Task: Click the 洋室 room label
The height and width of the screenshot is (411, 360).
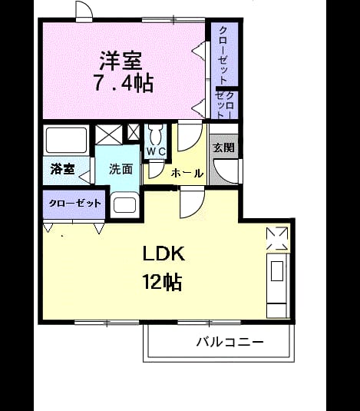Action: (121, 61)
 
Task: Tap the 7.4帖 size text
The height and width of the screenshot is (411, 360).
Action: (124, 83)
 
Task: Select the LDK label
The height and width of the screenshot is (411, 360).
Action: (164, 254)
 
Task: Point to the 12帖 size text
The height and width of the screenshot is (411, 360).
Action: (162, 282)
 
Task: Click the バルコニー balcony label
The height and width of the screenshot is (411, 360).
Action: (230, 343)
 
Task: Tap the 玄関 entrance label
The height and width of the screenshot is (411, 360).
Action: (223, 147)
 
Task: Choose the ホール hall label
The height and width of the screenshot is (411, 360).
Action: (187, 174)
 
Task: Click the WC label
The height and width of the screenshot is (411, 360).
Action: (156, 151)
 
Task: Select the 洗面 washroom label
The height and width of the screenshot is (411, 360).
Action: (121, 169)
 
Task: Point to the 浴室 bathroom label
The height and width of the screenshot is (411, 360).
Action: (63, 169)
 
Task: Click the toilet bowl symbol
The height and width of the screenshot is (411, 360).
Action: (156, 134)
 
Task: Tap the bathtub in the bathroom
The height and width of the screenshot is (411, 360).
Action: (66, 140)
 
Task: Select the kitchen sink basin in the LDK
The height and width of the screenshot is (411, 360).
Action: (277, 271)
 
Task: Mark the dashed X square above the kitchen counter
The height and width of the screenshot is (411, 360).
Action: (277, 238)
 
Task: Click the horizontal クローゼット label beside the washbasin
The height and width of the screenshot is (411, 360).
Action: (74, 203)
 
